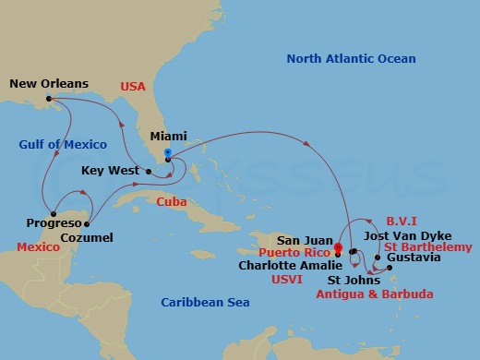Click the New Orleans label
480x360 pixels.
(x=49, y=84)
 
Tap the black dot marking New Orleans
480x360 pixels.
(x=48, y=98)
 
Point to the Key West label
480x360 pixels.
(x=106, y=171)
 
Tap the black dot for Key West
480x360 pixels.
(x=138, y=171)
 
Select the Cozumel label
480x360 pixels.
(x=88, y=238)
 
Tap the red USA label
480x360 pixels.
(x=133, y=86)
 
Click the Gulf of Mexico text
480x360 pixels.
(x=63, y=144)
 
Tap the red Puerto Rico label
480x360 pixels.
(x=294, y=250)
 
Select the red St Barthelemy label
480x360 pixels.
(x=428, y=247)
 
